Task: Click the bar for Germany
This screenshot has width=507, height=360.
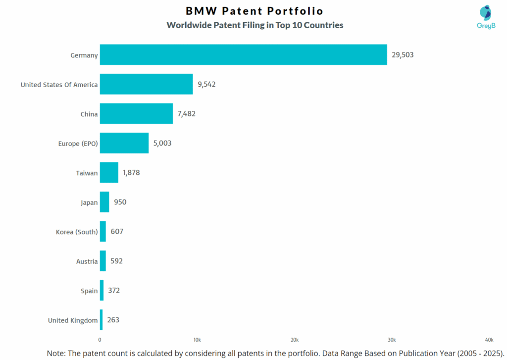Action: (243, 54)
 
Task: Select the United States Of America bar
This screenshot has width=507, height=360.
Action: (146, 84)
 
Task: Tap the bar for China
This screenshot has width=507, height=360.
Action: (136, 114)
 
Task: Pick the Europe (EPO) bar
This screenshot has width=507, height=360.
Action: (124, 143)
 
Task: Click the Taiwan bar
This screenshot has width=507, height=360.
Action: (109, 173)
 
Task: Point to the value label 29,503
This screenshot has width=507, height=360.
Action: (403, 55)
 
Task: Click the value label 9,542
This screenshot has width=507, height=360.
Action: (206, 84)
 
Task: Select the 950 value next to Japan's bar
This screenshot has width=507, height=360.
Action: (120, 202)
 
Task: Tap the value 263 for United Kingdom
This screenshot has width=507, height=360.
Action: (113, 320)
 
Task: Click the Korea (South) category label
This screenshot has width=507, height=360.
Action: (77, 232)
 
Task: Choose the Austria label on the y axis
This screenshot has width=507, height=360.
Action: (87, 261)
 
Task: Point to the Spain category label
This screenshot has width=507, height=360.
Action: (89, 291)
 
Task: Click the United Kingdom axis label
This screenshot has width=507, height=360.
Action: (73, 320)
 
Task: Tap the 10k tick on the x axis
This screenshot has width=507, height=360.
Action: (197, 340)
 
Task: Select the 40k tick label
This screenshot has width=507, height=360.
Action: (489, 340)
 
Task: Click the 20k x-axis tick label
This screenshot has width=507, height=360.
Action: (294, 340)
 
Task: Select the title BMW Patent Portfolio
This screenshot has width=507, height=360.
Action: (254, 11)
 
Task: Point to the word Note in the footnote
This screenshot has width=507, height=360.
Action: (57, 353)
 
